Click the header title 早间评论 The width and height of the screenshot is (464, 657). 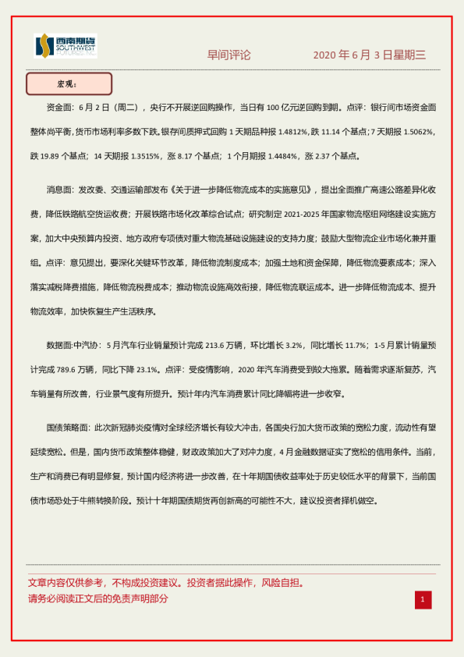click(x=228, y=55)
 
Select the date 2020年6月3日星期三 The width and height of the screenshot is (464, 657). click(x=370, y=55)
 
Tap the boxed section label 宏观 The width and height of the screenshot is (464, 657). click(x=69, y=83)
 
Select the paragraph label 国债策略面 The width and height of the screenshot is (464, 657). click(x=68, y=428)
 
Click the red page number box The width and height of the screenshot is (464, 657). click(x=423, y=599)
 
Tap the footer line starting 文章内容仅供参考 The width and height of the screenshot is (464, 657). click(x=165, y=583)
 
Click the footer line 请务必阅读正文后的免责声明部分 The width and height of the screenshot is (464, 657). click(x=98, y=599)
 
